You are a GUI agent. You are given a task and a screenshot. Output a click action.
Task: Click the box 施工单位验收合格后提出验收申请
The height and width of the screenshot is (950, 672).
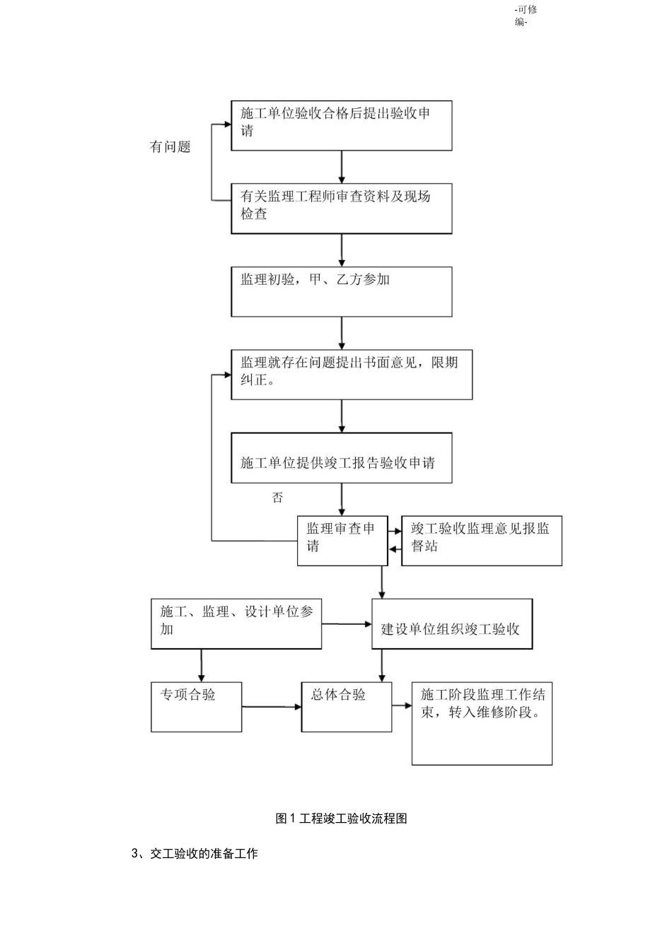pos(341,125)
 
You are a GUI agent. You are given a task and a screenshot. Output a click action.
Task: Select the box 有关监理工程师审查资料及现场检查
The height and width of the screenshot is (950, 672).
pos(341,209)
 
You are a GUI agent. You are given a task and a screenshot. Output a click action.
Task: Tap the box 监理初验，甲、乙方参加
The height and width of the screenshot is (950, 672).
pos(341,291)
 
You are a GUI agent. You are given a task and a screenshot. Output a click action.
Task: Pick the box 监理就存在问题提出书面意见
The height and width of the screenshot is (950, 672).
pos(351,375)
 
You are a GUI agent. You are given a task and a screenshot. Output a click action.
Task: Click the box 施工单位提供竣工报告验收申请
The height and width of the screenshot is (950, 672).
pos(341,458)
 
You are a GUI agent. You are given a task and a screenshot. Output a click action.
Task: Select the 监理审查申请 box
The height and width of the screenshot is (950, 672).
pos(342,540)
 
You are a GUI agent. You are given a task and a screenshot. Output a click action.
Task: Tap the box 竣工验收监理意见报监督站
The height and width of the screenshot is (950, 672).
pos(481,540)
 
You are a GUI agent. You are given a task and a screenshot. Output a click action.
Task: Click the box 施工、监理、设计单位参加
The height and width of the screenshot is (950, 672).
pos(236,623)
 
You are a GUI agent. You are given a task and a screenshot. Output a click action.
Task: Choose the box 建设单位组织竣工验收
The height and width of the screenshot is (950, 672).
pos(451,624)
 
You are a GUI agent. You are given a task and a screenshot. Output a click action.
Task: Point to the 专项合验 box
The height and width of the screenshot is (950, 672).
pos(196,706)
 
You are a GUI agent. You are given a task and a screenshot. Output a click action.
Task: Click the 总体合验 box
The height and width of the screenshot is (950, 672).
pos(346,706)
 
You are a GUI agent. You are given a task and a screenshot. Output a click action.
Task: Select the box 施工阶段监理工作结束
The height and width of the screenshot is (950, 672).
pos(482,723)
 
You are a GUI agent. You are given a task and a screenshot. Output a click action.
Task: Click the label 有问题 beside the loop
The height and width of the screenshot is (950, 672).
pos(170,147)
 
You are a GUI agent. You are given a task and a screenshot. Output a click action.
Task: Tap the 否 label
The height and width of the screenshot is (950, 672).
pos(277,498)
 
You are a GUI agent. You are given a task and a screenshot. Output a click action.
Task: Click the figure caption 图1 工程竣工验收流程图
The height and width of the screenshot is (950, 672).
pos(341,819)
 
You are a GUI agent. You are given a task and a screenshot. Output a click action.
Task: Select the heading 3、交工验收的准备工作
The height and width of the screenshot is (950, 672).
pos(195,854)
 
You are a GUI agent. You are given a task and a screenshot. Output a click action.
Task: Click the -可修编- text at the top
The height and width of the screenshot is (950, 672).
pos(525,16)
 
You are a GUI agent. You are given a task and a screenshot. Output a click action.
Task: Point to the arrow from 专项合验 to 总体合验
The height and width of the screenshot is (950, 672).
pos(272,706)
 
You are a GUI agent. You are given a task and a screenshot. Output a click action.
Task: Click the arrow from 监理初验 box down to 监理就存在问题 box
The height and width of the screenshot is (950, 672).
pos(342,333)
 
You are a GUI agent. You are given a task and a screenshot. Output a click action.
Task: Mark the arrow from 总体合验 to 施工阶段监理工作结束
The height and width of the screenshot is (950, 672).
pos(402,705)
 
